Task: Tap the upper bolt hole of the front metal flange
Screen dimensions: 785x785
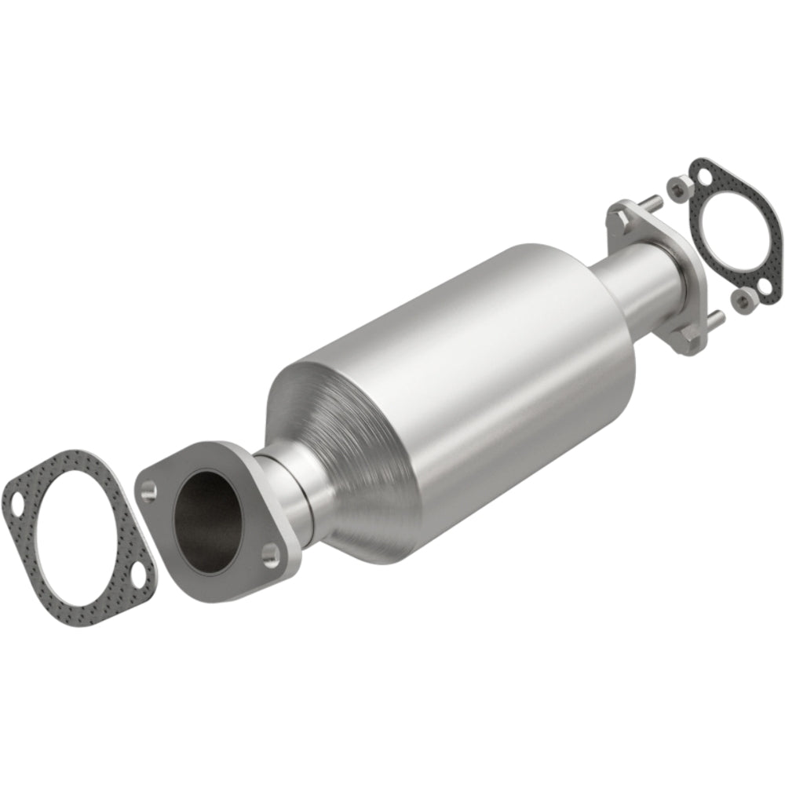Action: coord(149,491)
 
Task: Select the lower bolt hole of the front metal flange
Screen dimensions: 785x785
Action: coord(271,556)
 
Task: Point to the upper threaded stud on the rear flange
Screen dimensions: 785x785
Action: coord(650,203)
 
